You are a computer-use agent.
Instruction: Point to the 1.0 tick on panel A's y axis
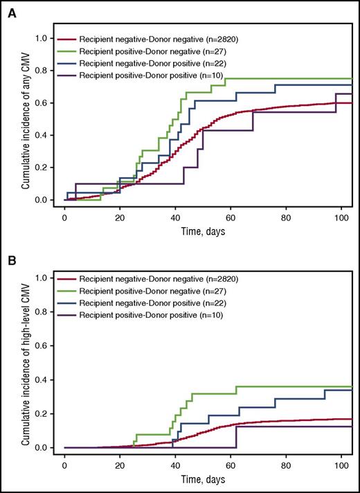point(43,38)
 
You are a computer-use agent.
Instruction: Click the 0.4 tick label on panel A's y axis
point(43,135)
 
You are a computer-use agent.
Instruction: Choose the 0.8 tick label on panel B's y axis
point(43,312)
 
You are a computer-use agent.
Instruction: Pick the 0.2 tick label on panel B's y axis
point(43,413)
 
